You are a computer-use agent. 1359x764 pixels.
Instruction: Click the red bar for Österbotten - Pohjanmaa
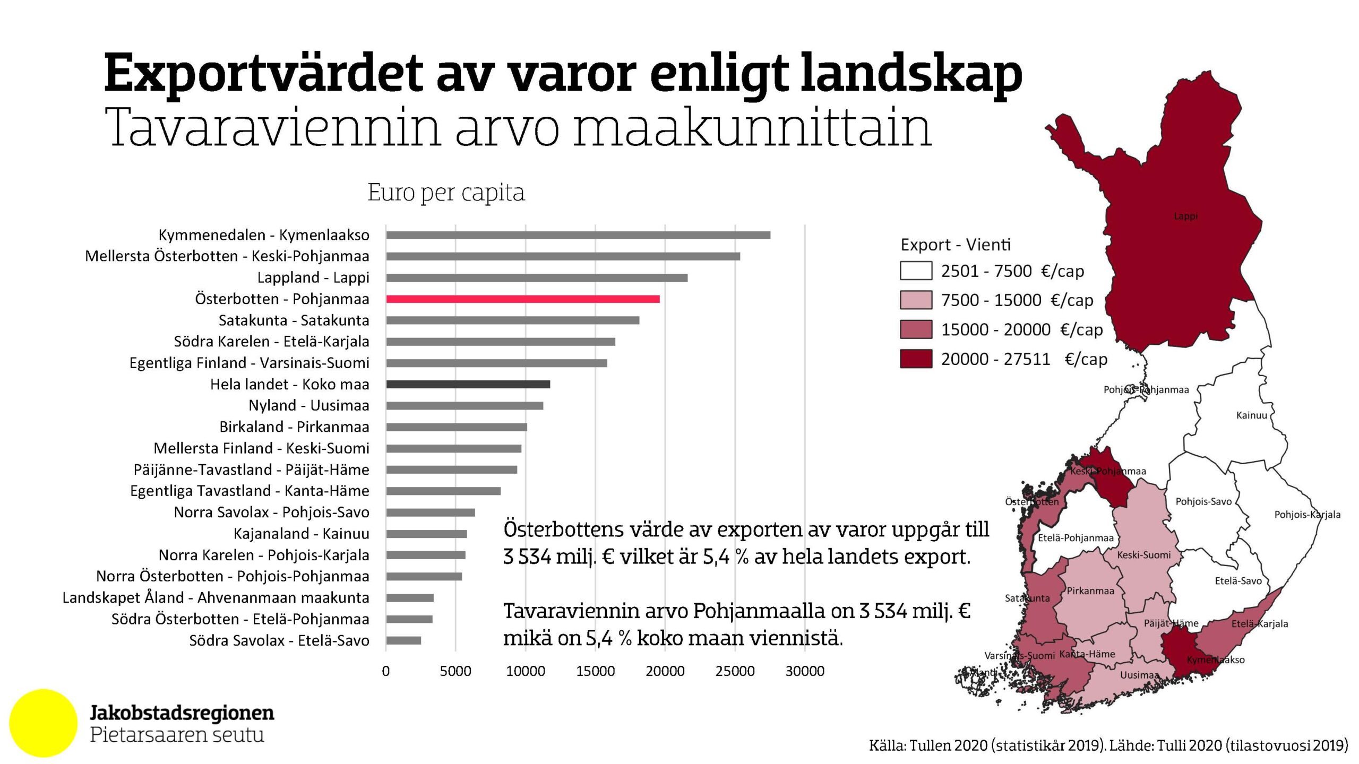[x=523, y=299]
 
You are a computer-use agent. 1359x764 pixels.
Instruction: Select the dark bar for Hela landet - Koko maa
[x=468, y=385]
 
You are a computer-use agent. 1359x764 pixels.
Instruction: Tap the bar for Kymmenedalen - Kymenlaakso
[x=578, y=235]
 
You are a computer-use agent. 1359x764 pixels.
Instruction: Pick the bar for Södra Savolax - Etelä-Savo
[x=403, y=640]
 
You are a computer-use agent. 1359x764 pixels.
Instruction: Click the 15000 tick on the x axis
[x=595, y=671]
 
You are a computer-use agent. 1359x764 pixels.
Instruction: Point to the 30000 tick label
[x=805, y=671]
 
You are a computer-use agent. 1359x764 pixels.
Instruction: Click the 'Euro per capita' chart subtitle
[x=446, y=193]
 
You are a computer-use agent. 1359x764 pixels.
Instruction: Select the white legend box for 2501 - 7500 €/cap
[x=916, y=271]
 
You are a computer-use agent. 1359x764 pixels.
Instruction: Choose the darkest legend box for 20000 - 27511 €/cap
[x=916, y=359]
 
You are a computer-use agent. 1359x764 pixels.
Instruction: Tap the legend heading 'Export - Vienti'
[x=956, y=245]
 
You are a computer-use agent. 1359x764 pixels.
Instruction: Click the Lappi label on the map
[x=1185, y=216]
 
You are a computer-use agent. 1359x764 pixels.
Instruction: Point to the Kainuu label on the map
[x=1251, y=415]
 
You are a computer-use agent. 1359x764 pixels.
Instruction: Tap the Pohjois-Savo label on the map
[x=1203, y=501]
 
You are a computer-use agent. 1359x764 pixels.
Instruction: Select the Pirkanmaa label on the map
[x=1090, y=591]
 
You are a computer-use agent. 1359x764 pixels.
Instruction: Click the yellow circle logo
[x=44, y=723]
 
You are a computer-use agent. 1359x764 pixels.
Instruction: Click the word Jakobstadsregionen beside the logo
[x=182, y=713]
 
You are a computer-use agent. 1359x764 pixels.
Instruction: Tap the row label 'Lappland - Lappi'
[x=313, y=277]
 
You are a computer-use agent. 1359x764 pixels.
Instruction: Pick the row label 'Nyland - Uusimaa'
[x=308, y=405]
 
